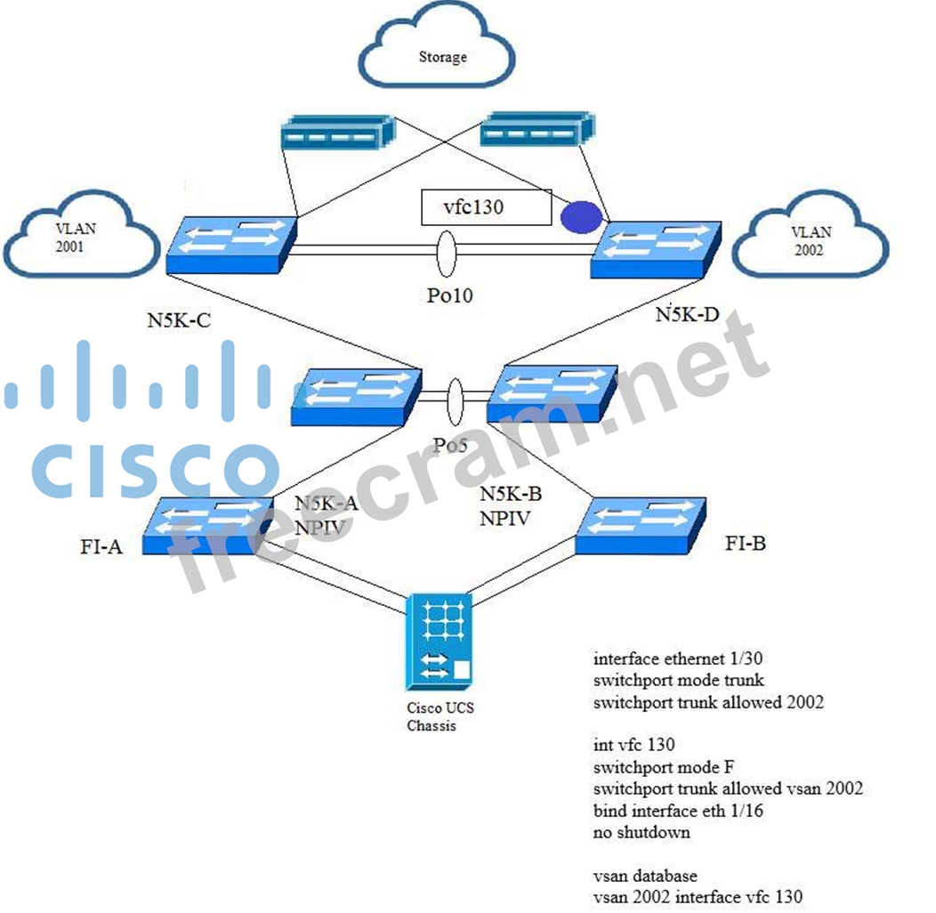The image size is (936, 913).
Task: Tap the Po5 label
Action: tap(450, 444)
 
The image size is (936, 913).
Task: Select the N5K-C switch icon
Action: tap(230, 244)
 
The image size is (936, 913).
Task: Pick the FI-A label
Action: tap(100, 545)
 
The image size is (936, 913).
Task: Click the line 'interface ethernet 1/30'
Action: tap(678, 659)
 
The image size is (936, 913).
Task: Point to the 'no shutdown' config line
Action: tap(641, 832)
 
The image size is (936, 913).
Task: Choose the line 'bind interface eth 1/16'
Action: tap(678, 811)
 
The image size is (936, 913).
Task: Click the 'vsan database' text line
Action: tap(645, 876)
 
